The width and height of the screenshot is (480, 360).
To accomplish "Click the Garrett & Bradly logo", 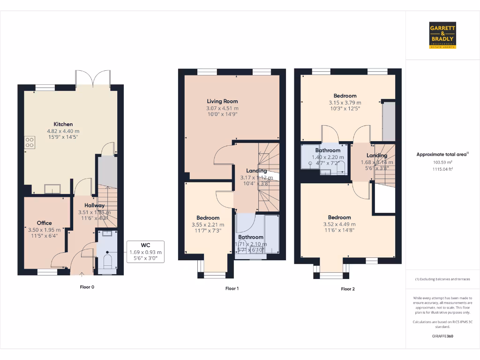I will (442, 35).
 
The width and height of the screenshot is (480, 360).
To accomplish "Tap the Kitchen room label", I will (63, 124).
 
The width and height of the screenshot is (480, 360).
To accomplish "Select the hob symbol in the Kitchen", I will (29, 142).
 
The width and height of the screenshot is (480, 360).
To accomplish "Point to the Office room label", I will (45, 223).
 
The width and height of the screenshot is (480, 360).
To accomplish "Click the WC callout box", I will (145, 252).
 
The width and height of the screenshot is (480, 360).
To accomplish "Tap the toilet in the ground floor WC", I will (107, 261).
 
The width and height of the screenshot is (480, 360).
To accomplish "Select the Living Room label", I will (222, 101).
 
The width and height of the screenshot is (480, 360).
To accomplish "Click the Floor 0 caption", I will (87, 286).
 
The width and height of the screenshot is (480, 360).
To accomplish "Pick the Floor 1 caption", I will (232, 289).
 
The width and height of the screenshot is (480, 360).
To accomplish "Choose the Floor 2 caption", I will (347, 289).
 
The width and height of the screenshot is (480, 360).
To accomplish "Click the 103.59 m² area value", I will (442, 162).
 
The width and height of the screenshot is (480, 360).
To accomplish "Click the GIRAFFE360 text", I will (442, 336).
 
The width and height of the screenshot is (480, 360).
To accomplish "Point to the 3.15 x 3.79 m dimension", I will (345, 103).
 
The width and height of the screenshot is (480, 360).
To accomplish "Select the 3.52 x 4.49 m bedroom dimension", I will (339, 224).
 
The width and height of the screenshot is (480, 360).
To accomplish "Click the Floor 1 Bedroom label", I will (208, 218).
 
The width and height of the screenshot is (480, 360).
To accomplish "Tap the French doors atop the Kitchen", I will (93, 78).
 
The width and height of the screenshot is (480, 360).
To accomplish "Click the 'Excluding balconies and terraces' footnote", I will (442, 279).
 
